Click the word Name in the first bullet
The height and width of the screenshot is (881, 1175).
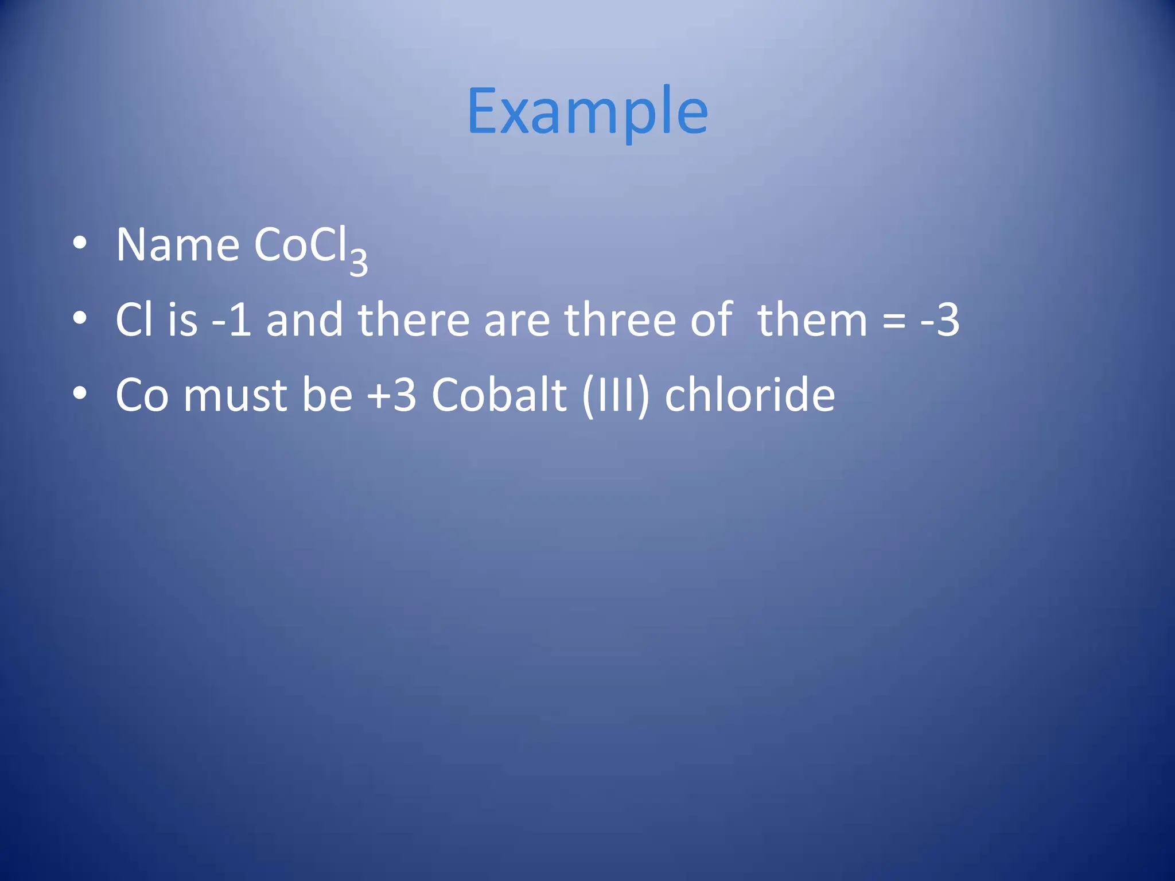click(177, 245)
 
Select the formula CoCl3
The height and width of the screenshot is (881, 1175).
click(310, 248)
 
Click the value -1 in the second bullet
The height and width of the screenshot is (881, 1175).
click(232, 320)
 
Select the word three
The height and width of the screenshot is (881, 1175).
click(620, 320)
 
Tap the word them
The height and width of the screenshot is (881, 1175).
click(812, 320)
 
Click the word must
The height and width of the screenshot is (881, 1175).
click(235, 396)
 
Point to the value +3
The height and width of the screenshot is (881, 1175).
click(392, 396)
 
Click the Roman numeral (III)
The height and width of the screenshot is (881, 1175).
click(616, 396)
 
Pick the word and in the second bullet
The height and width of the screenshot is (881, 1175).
click(304, 320)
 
